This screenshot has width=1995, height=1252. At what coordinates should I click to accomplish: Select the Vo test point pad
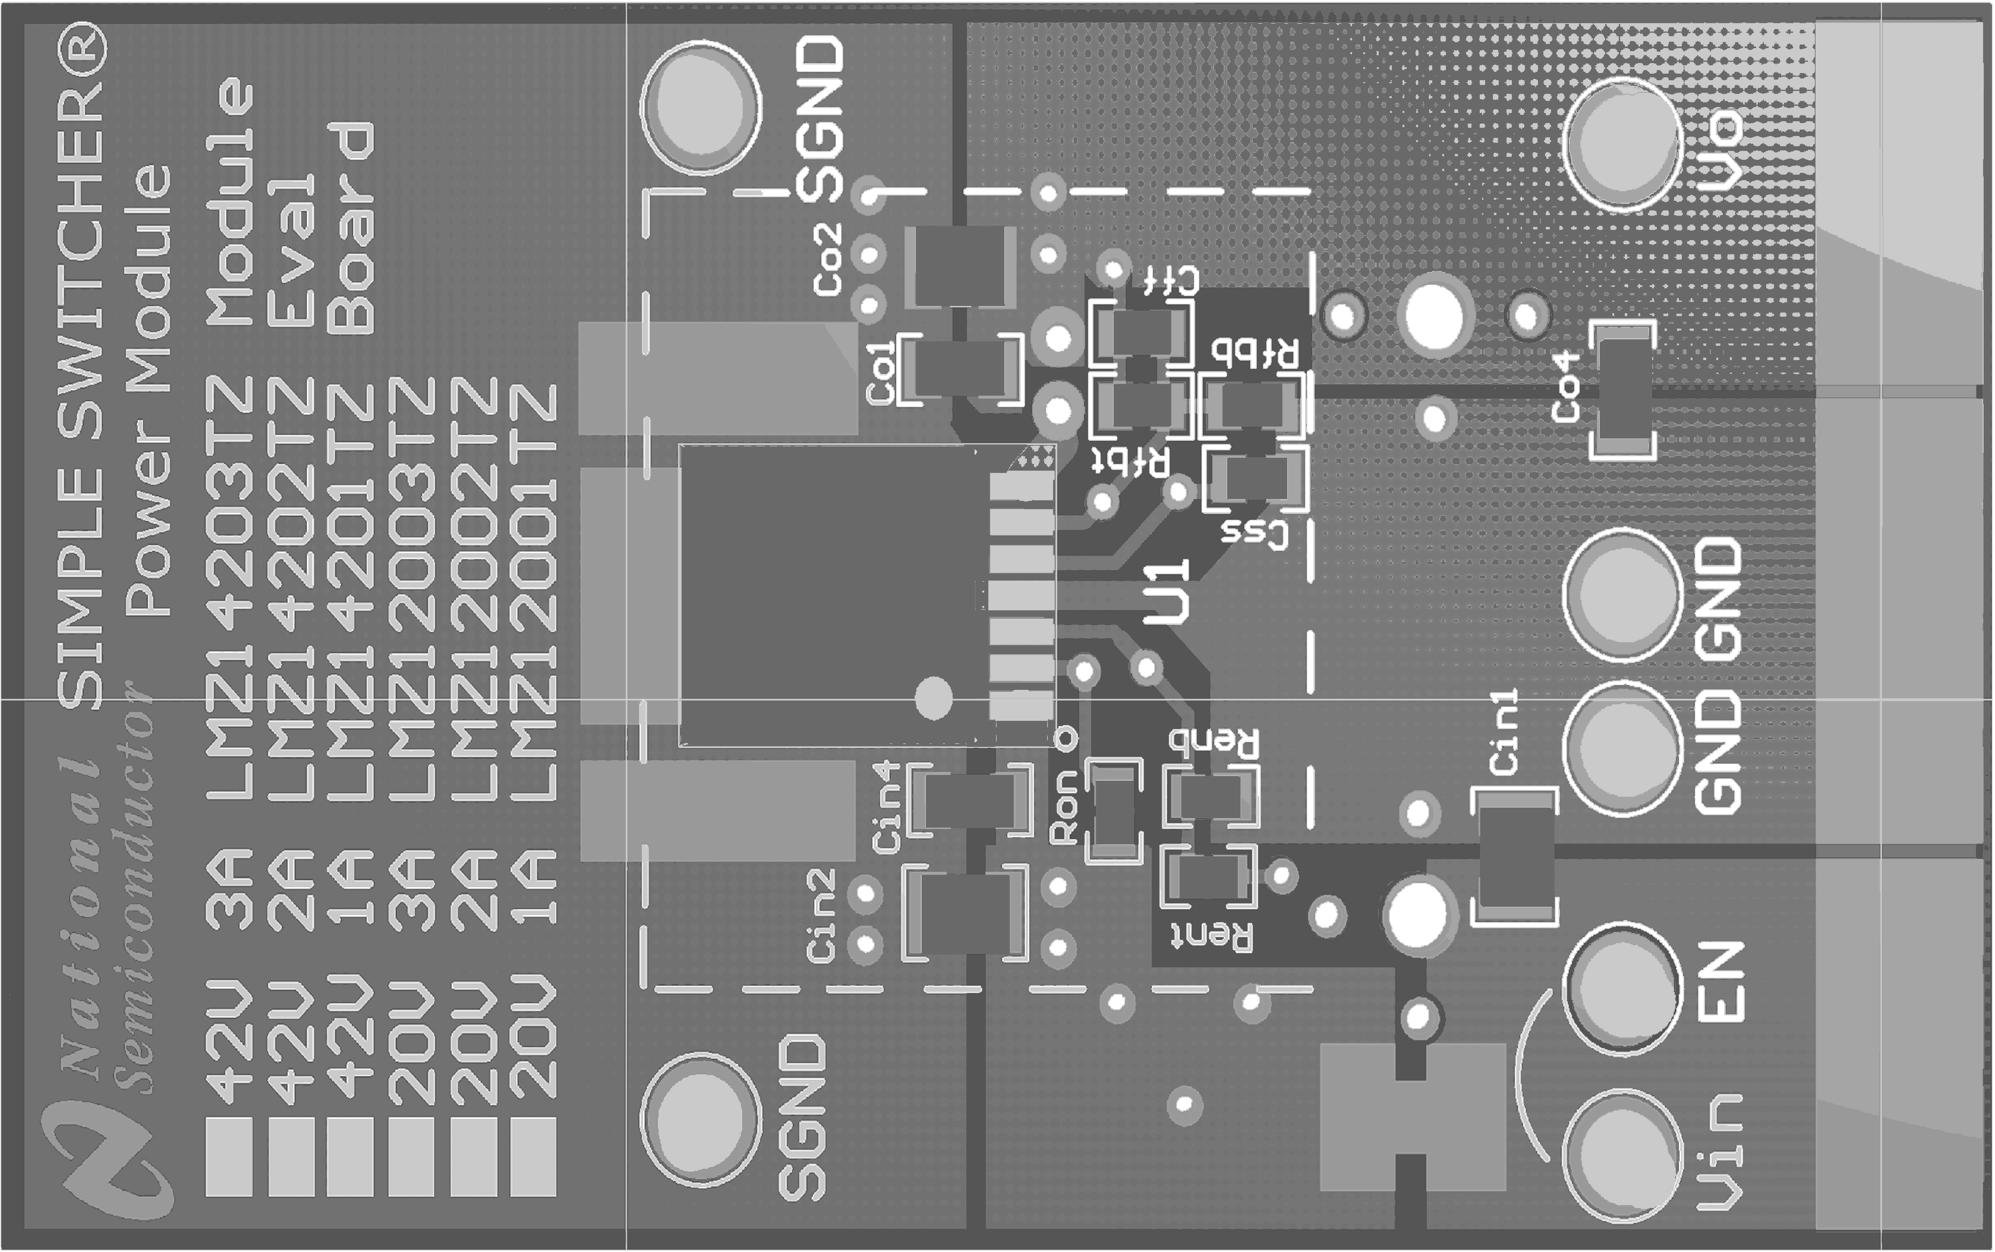pyautogui.click(x=1622, y=143)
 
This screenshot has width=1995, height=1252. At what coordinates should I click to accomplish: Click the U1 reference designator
pyautogui.click(x=1166, y=591)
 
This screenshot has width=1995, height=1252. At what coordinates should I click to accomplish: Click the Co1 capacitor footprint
pyautogui.click(x=960, y=368)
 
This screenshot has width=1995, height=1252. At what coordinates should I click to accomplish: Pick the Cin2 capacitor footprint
pyautogui.click(x=965, y=913)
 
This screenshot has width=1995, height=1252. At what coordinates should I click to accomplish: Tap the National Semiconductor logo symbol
pyautogui.click(x=108, y=1159)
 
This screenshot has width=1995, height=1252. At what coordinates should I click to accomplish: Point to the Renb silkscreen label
pyautogui.click(x=1214, y=741)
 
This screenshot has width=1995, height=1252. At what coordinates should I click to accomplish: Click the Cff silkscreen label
pyautogui.click(x=1170, y=282)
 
